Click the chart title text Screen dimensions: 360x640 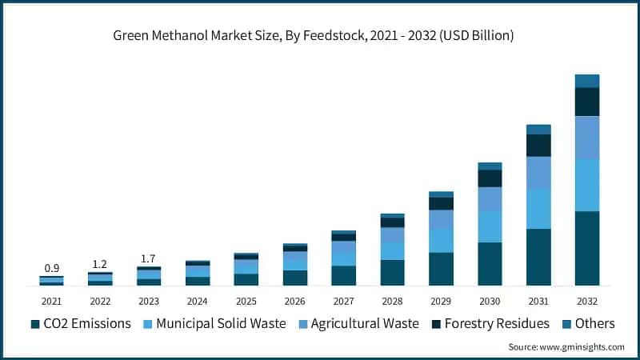pos(319,36)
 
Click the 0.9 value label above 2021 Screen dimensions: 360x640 pos(51,267)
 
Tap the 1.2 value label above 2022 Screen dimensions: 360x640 pos(100,263)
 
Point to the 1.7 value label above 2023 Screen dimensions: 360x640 pos(149,258)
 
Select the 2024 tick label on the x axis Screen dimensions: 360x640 pos(198,301)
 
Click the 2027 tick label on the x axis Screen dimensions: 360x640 pos(343,301)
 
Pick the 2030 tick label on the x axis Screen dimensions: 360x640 pos(490,301)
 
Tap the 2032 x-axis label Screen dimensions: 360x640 pos(587,301)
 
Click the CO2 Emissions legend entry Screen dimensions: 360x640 pos(80,323)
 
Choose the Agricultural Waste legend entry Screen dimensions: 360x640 pos(358,323)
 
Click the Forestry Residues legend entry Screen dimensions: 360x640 pos(489,323)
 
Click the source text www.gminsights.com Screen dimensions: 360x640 pos(566,346)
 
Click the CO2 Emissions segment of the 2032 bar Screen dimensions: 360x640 pos(587,248)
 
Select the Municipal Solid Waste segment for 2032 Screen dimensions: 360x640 pos(587,185)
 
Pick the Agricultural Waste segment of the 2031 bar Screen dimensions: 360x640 pos(538,172)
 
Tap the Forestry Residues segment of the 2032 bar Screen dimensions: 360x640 pos(587,102)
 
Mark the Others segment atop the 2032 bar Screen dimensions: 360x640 pos(587,81)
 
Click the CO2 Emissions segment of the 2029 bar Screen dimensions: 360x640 pos(441,269)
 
